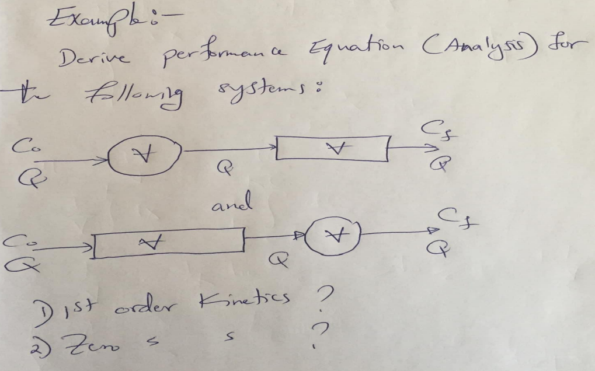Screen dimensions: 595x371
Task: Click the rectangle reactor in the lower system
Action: coord(169,242)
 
